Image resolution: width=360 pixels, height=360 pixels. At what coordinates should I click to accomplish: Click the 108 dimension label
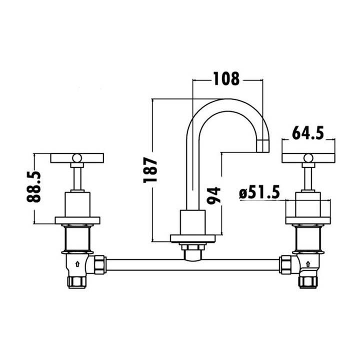(x=226, y=78)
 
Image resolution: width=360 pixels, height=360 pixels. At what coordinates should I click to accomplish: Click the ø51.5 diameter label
(x=259, y=192)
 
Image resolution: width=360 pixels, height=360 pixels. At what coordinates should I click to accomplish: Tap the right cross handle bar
(x=307, y=158)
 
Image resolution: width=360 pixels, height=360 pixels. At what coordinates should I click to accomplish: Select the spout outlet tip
(x=262, y=145)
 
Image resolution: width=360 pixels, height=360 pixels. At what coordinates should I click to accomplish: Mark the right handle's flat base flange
(x=307, y=220)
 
